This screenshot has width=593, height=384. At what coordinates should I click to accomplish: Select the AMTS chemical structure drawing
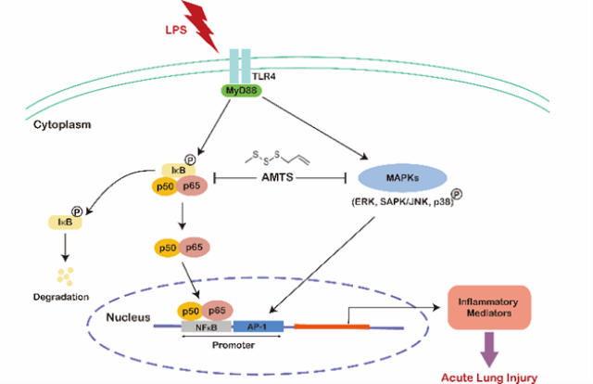click(276, 157)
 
